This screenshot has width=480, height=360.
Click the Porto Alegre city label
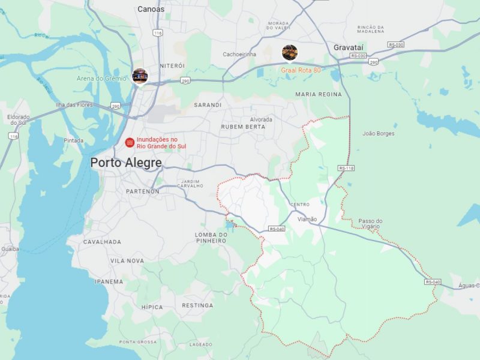(126, 163)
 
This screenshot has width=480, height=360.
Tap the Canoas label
(151, 9)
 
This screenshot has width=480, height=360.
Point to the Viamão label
(307, 219)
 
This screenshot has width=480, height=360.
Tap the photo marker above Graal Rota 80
(290, 53)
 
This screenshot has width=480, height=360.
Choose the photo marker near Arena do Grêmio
(140, 76)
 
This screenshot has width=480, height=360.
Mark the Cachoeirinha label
(239, 54)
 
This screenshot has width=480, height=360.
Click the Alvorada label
(261, 119)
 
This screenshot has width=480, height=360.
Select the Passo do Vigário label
(370, 224)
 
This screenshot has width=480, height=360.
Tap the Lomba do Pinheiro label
(211, 238)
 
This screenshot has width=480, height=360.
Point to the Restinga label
(197, 305)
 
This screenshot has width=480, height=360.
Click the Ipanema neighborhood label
(109, 281)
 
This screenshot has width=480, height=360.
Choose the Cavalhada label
(102, 242)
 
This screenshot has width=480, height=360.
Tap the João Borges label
(379, 133)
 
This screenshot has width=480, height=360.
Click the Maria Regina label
(319, 94)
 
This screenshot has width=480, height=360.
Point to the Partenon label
(142, 191)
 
